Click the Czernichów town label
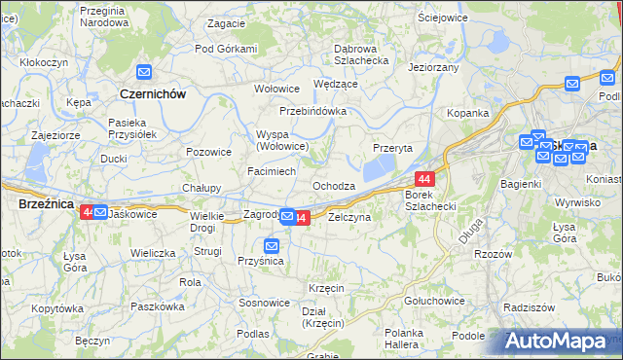point(151,93)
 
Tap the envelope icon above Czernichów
point(144,72)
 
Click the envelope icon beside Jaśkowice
point(100,212)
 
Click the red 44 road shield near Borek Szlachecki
point(424,179)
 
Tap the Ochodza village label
point(333,186)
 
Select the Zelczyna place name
point(349,218)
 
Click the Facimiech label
point(272,170)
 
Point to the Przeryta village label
point(393,148)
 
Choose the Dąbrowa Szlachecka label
point(347,54)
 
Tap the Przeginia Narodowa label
point(104,15)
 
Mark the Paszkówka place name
point(158,306)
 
